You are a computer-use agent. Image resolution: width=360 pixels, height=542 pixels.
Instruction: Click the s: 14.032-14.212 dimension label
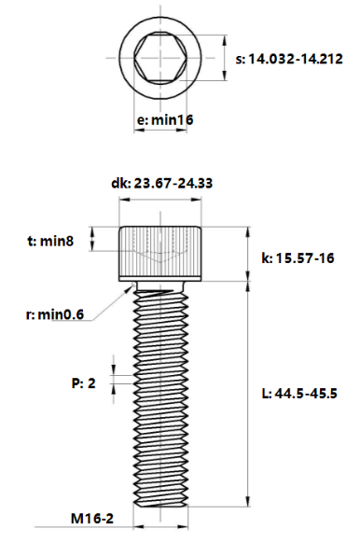(289, 59)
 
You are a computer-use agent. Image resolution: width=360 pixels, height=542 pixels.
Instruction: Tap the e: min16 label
(165, 120)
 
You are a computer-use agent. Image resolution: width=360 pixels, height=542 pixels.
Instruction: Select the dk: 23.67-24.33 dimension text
(161, 183)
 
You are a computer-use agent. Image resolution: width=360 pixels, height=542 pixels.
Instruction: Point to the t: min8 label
(50, 241)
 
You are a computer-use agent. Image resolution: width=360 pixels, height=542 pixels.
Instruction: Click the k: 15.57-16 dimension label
(298, 257)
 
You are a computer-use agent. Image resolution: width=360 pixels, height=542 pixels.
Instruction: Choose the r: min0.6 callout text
(55, 314)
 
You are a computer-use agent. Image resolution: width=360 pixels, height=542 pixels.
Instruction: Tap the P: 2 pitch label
(83, 383)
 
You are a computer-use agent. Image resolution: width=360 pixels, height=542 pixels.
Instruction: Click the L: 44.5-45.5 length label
(299, 394)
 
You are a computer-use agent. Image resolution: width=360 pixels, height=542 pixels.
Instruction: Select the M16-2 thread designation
(92, 519)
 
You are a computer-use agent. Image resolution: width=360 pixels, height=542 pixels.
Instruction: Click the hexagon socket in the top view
(160, 58)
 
